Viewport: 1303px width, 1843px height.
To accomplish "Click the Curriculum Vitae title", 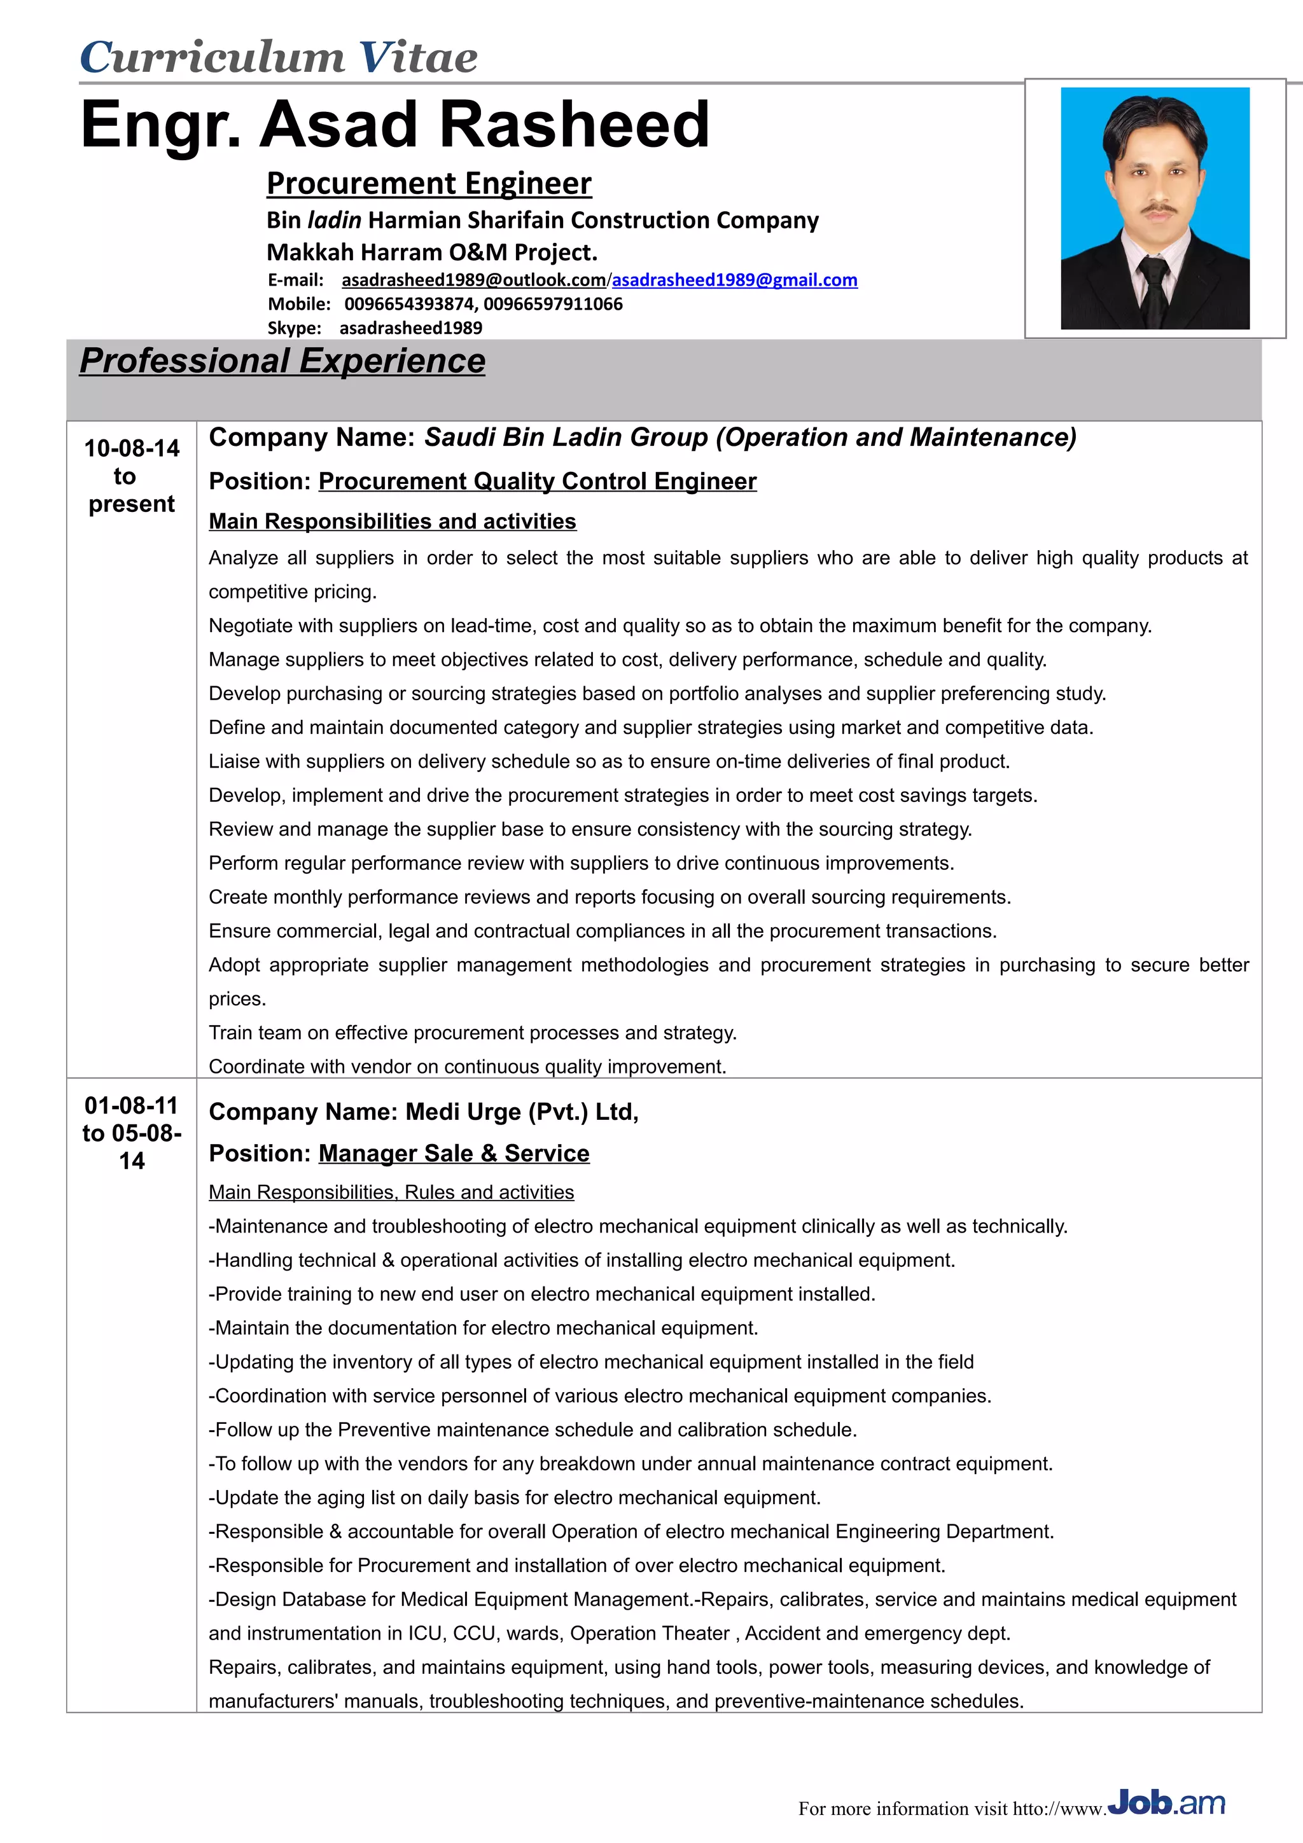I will point(279,58).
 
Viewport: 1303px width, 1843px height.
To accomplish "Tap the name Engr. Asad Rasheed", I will point(395,125).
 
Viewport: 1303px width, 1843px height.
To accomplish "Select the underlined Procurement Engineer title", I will point(429,184).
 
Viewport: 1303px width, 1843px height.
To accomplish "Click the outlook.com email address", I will point(473,280).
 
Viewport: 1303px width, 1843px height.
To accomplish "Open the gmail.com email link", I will point(735,280).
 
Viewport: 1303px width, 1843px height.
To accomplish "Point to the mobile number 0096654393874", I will point(410,304).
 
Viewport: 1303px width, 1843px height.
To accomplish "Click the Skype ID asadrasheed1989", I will point(410,328).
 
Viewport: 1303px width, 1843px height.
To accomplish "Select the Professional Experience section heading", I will point(282,361).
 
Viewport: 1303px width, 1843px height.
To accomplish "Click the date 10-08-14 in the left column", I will point(132,448).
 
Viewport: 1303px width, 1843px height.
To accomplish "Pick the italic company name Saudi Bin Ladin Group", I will point(566,438).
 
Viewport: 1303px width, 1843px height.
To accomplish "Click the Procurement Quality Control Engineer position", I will point(537,481).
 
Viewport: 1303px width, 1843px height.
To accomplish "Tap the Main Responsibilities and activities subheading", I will point(392,521).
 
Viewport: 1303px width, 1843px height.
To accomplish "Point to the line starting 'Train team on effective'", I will point(472,1033).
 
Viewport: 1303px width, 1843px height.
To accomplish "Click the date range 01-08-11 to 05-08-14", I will point(132,1133).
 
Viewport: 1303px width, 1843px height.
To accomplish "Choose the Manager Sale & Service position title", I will point(454,1154).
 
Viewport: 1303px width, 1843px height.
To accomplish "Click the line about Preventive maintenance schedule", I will point(533,1430).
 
